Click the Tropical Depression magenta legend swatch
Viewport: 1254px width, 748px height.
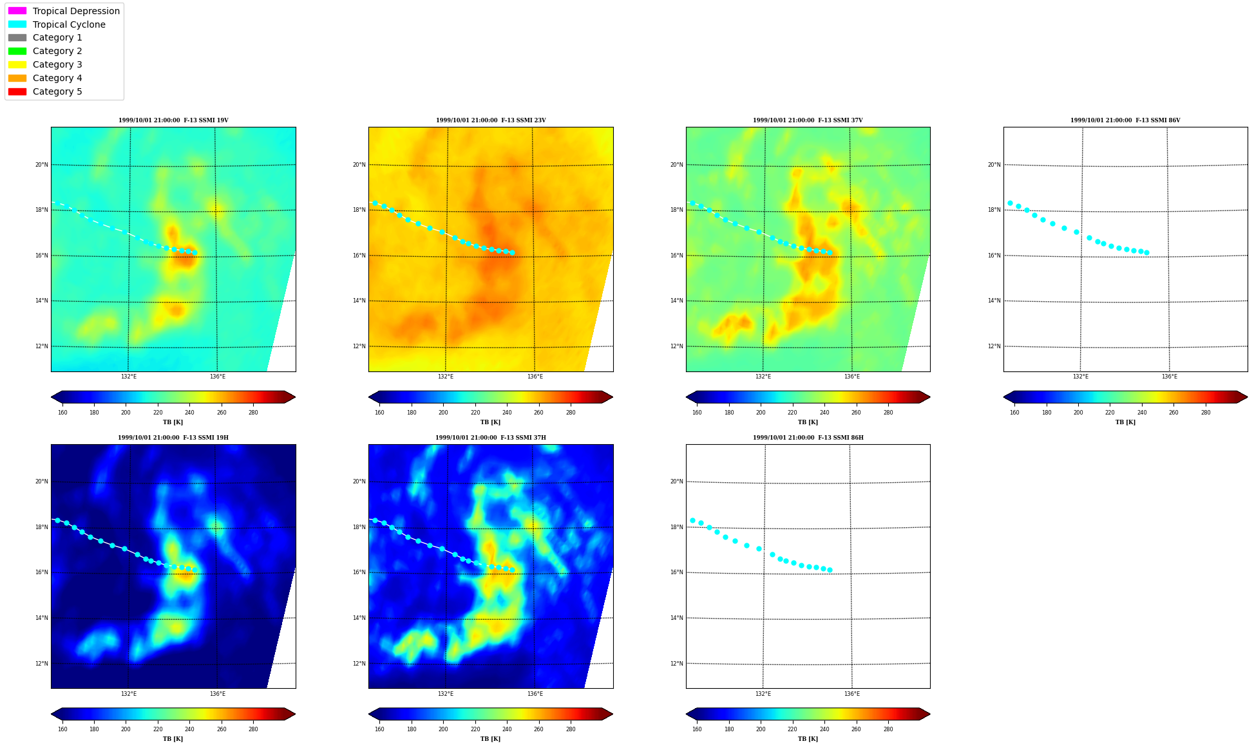coord(17,11)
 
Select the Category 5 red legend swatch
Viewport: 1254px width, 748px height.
coord(17,91)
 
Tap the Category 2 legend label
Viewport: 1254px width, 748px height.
coord(57,51)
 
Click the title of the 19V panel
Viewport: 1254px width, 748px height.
coord(173,120)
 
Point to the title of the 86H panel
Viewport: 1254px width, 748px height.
coord(808,438)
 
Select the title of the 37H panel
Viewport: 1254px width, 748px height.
coord(491,438)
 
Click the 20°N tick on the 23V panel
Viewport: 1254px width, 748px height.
coord(359,165)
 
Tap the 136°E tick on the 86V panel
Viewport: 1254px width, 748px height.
coord(1170,377)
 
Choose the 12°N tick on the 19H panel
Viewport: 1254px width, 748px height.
coord(41,664)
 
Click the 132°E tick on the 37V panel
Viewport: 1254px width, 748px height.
coord(763,377)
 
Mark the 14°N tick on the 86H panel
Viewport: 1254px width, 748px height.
coord(676,618)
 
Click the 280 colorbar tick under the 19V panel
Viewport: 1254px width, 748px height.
coord(253,413)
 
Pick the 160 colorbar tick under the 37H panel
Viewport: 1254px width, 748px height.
coord(379,729)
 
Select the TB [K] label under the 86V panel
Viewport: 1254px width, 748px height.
coord(1126,422)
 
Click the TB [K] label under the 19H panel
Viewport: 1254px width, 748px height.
coord(173,739)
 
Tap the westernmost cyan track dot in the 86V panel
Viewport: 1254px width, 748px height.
coord(1010,203)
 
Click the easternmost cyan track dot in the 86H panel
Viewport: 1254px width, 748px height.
coord(830,570)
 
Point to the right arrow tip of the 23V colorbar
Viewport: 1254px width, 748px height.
coord(613,397)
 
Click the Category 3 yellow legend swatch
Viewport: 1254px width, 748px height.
coord(17,64)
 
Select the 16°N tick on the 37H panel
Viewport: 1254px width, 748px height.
coord(359,572)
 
